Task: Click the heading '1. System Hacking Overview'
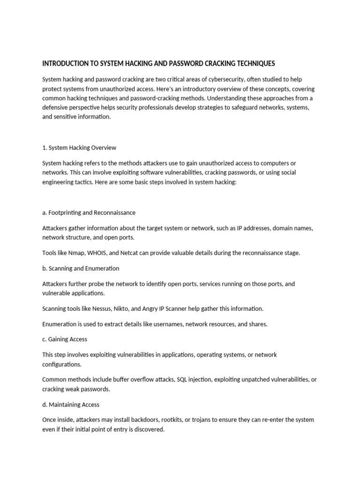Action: (x=79, y=148)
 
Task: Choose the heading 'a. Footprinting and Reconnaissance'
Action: (x=89, y=212)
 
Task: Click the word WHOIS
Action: (x=103, y=253)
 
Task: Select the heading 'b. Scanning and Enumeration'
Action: (x=81, y=269)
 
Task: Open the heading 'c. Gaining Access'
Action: (x=65, y=339)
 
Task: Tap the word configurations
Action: (x=62, y=364)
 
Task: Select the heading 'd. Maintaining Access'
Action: (x=71, y=404)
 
